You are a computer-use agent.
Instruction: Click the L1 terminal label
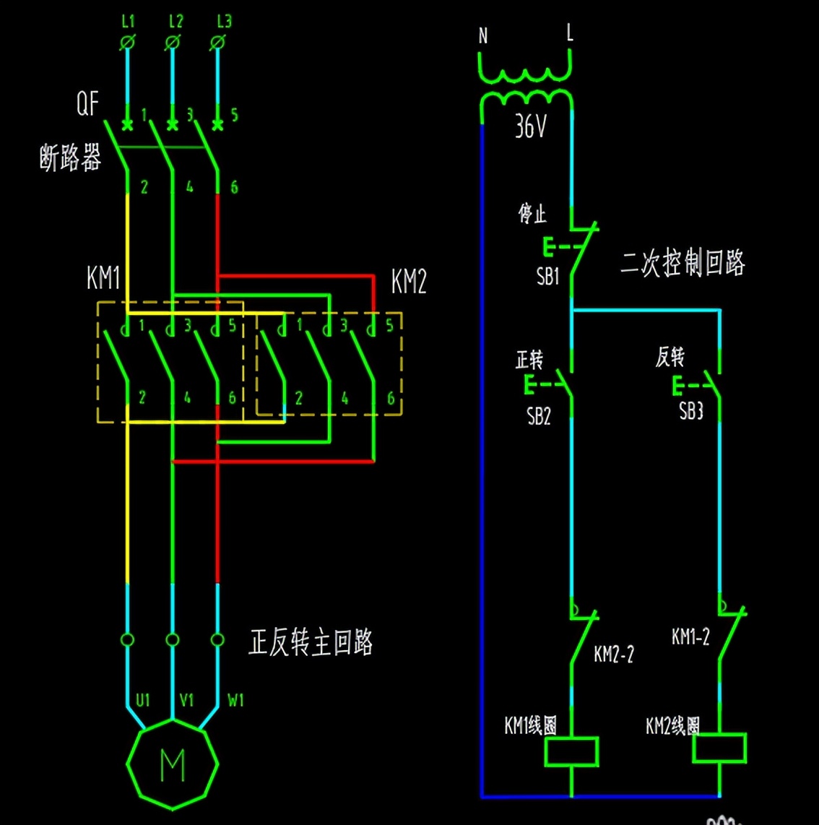[128, 22]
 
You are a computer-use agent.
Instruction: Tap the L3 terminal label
[224, 22]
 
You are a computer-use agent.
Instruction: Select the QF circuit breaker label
[87, 104]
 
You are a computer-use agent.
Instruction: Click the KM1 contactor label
[103, 278]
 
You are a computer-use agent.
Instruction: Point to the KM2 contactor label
[409, 281]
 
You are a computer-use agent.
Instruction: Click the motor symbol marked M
[172, 764]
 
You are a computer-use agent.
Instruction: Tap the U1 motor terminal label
[143, 699]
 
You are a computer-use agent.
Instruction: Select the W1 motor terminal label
[235, 699]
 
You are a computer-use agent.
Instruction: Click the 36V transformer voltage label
[531, 127]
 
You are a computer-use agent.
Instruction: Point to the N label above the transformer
[483, 35]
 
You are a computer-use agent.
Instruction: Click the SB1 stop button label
[547, 276]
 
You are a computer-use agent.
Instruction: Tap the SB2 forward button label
[539, 416]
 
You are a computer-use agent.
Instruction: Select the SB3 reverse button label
[690, 411]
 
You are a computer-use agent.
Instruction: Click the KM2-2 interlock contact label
[614, 654]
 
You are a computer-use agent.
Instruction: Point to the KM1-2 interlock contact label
[690, 636]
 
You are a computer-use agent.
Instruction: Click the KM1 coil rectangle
[571, 751]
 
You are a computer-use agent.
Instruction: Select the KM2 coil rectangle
[719, 748]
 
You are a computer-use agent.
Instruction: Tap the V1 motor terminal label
[187, 699]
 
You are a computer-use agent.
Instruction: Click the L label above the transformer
[570, 33]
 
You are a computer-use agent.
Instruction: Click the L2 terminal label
[175, 22]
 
